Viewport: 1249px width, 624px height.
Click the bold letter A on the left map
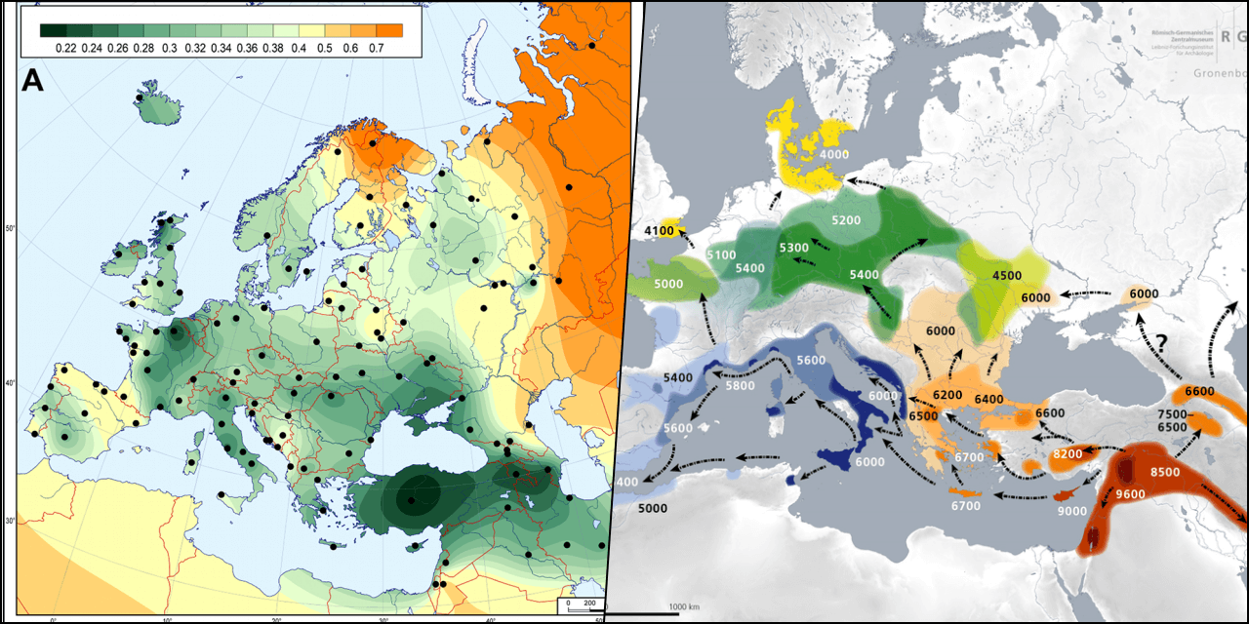(x=32, y=82)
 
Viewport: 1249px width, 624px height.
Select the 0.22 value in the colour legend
(x=66, y=48)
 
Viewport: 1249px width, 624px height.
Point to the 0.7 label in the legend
(x=376, y=48)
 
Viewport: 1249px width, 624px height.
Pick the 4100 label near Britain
(x=661, y=231)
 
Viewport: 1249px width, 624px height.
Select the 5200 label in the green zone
(x=846, y=220)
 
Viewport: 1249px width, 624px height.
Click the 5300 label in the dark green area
(x=794, y=248)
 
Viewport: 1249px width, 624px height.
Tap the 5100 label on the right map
(x=720, y=255)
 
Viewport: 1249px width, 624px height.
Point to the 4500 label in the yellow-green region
(x=1007, y=275)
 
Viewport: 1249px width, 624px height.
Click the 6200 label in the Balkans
(x=947, y=395)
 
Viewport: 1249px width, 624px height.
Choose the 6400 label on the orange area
(x=988, y=399)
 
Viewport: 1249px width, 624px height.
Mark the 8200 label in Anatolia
(x=1068, y=454)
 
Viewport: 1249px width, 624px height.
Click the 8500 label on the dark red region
(x=1165, y=472)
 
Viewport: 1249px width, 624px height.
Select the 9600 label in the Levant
(x=1131, y=494)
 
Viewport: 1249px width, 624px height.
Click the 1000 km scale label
(x=683, y=607)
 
